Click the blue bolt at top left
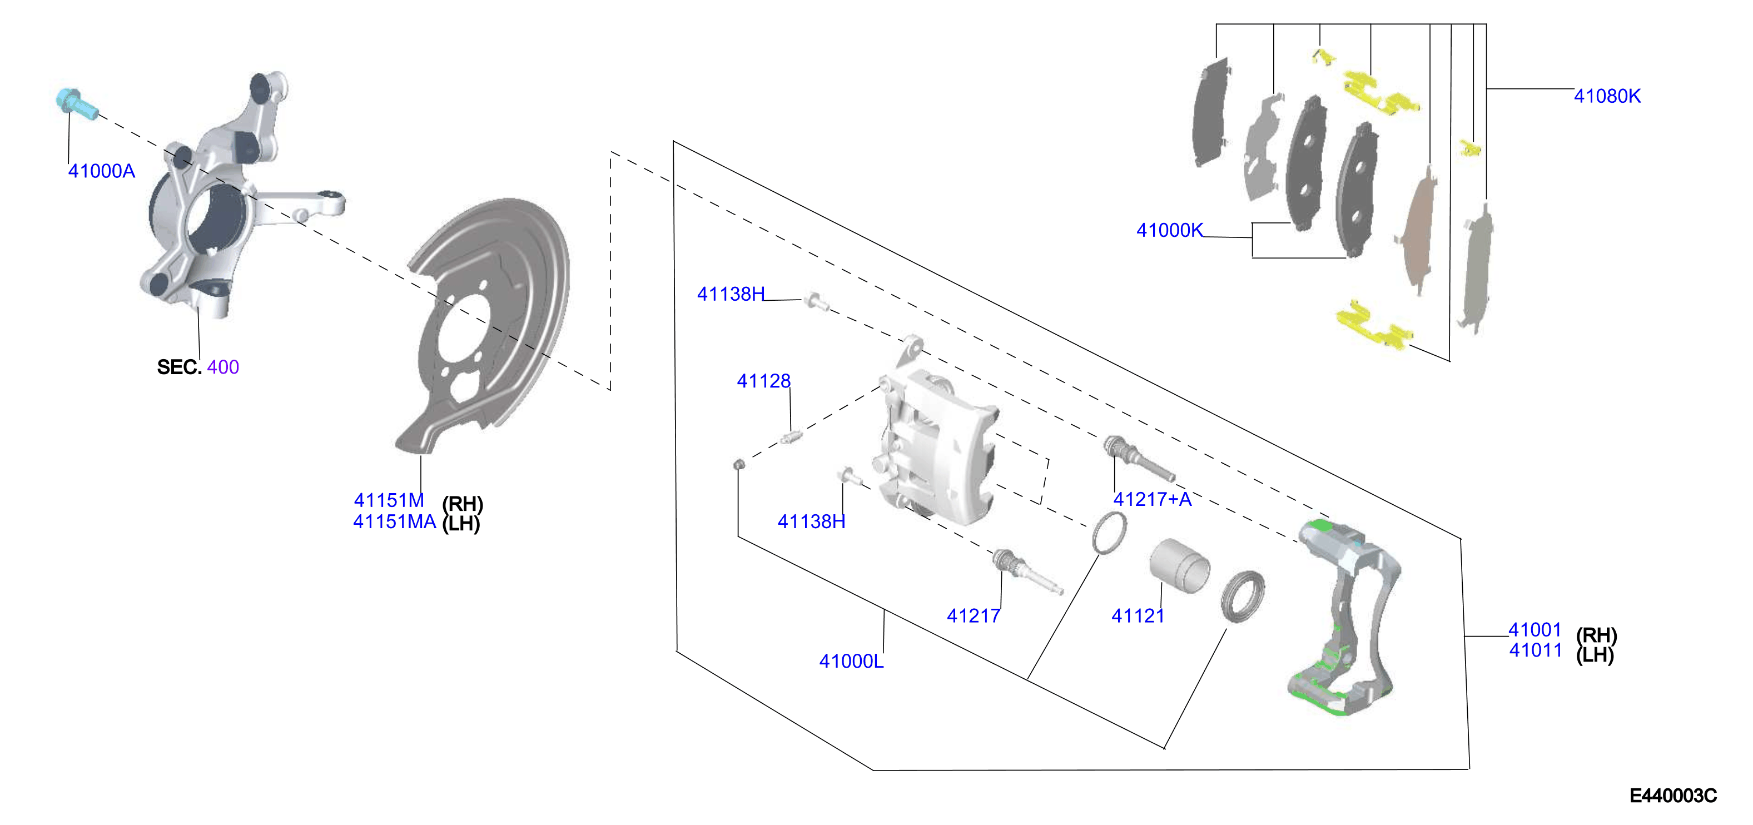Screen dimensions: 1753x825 coord(76,106)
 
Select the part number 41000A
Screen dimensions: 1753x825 coord(101,171)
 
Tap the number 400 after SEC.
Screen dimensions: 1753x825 coord(223,367)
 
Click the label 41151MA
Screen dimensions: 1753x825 coord(395,522)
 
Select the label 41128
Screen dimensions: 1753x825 coord(763,381)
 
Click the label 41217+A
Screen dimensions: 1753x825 coord(1152,500)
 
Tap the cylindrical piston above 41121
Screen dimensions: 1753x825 coord(1179,565)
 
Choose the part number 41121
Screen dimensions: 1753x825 coord(1138,616)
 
